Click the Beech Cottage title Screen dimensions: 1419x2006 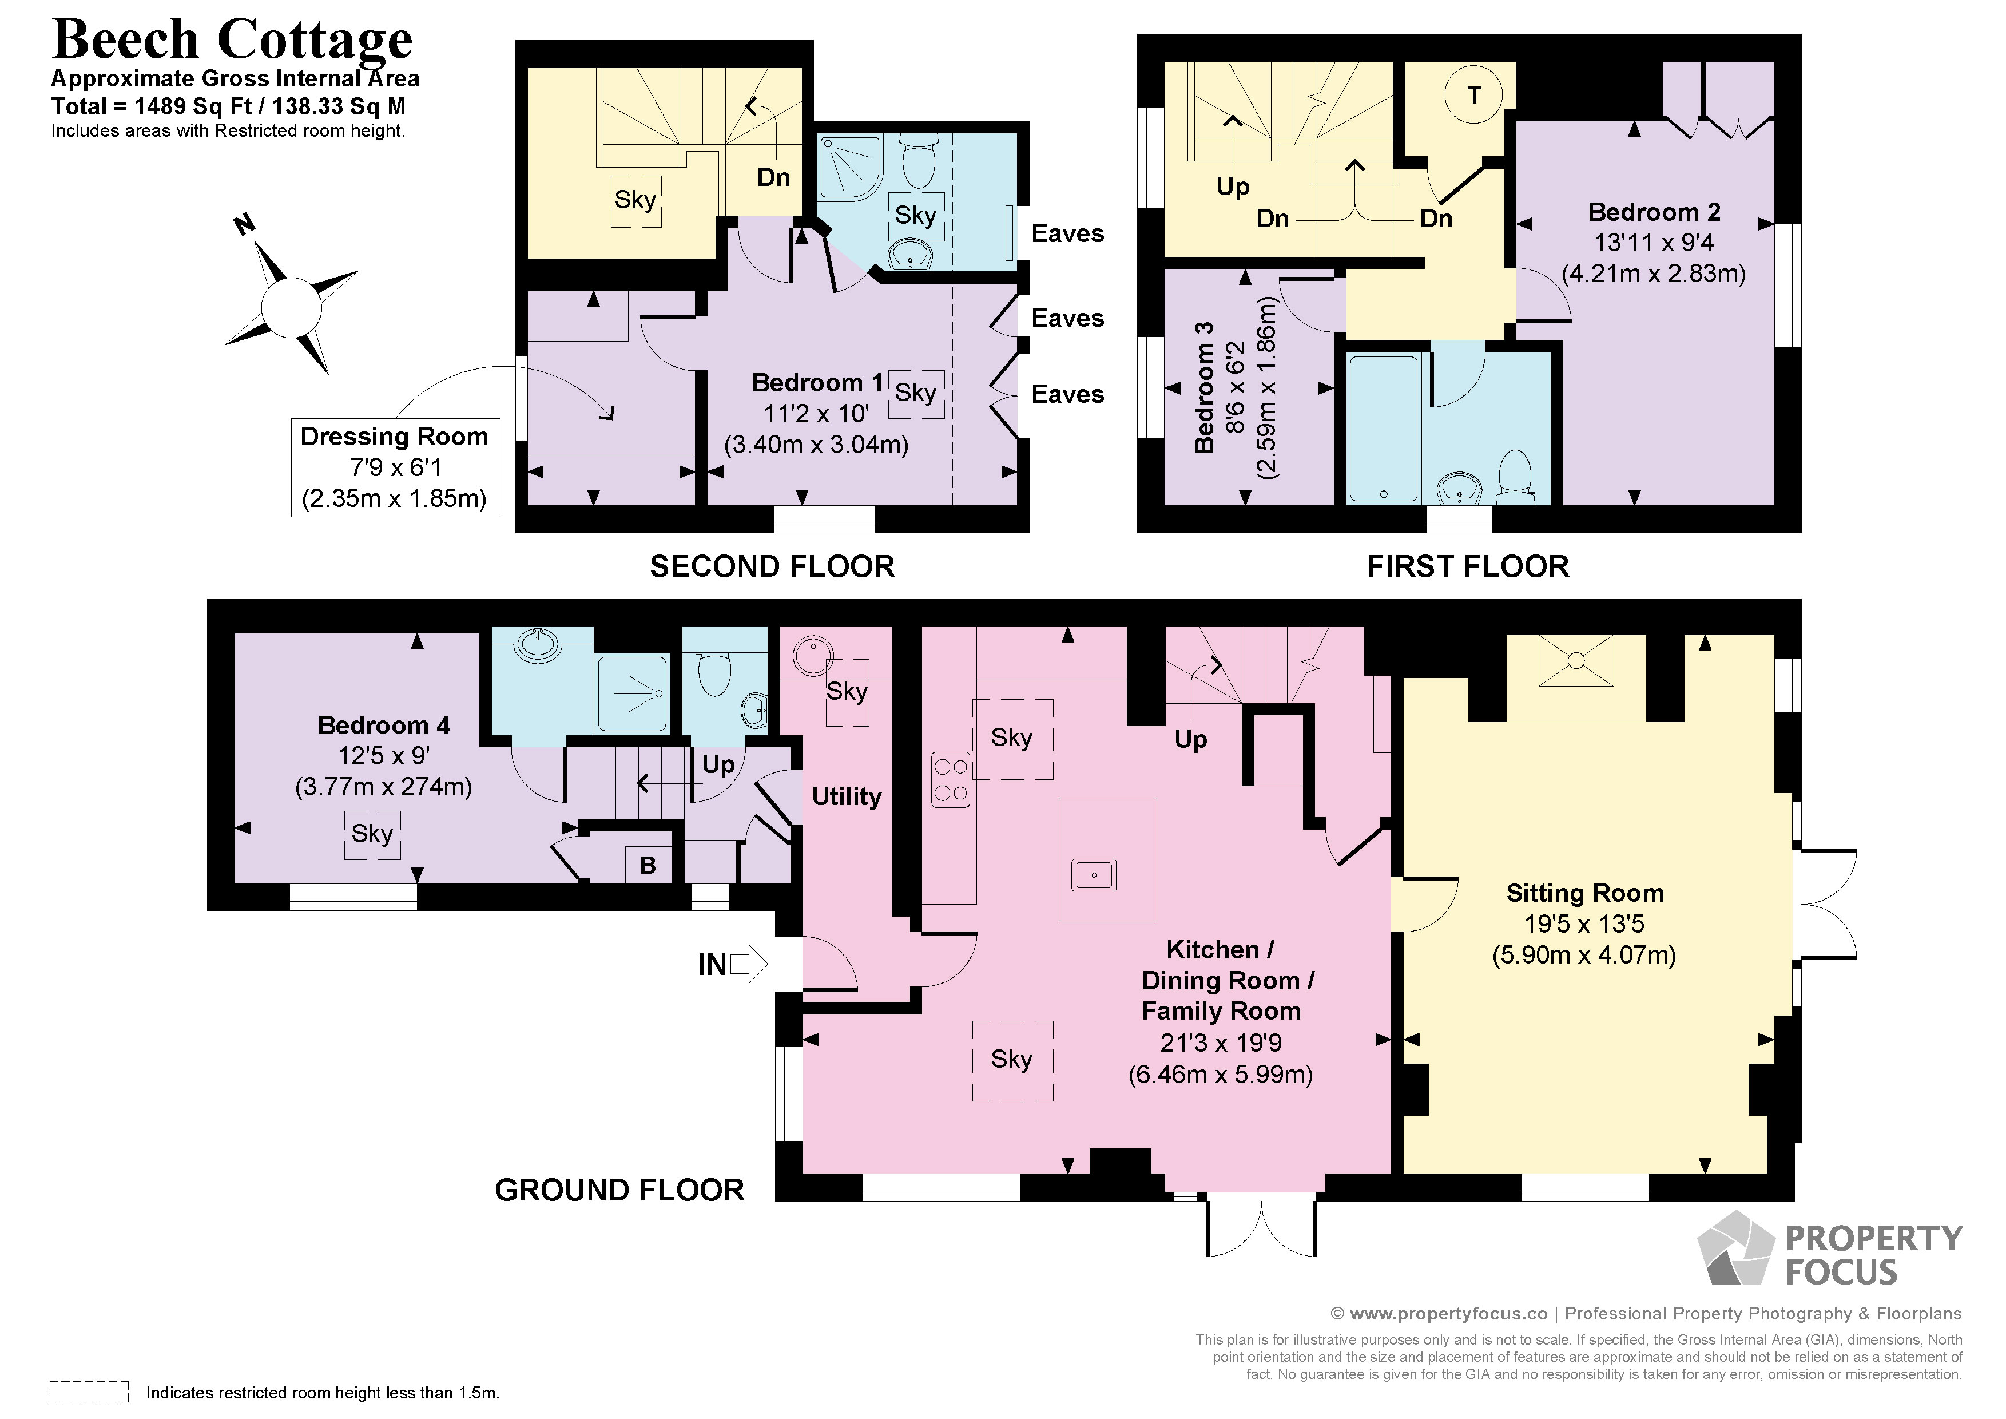tap(232, 39)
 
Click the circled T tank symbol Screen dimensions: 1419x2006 tap(1474, 94)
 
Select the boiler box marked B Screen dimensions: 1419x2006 tap(648, 865)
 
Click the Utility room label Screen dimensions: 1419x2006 tap(846, 796)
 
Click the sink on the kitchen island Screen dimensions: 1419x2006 tap(1094, 875)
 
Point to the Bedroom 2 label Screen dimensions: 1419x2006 tap(1653, 212)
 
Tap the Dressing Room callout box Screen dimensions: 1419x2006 tap(395, 467)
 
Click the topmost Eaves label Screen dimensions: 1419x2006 tap(1067, 233)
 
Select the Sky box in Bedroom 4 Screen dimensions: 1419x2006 tap(372, 834)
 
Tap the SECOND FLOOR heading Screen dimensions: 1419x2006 tap(772, 566)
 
